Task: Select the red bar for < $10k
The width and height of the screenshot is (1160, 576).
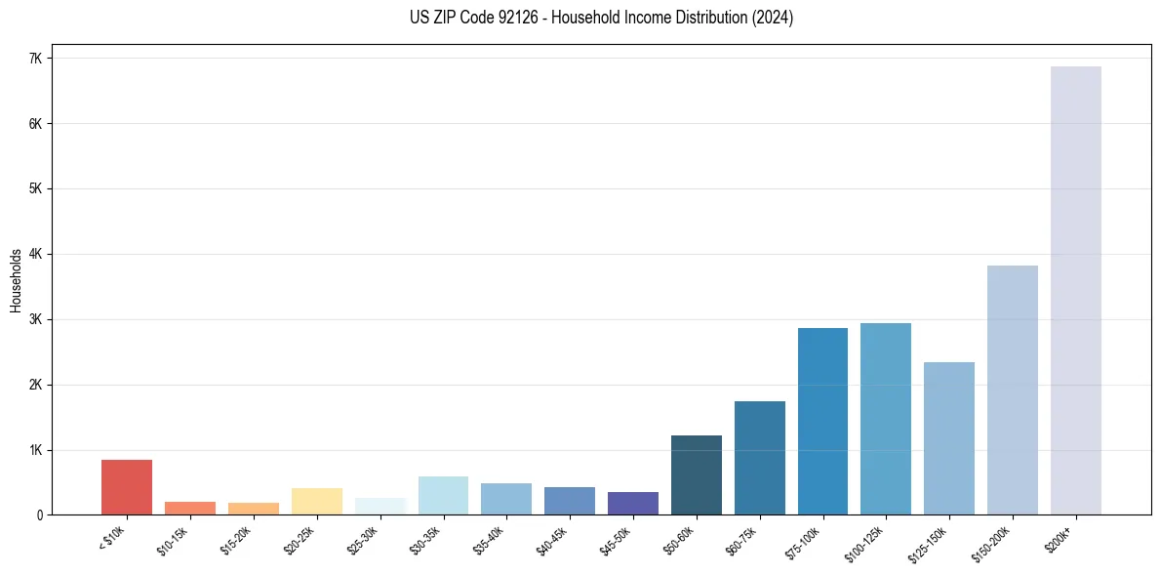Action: tap(127, 487)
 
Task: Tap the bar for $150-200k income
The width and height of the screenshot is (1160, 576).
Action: tap(1013, 391)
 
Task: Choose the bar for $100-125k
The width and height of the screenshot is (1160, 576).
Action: tap(886, 419)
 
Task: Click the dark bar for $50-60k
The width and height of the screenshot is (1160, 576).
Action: tap(697, 475)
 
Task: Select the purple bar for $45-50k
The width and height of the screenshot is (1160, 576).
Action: tap(633, 504)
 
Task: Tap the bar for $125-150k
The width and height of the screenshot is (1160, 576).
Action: tap(949, 438)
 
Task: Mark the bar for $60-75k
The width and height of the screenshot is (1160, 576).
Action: tap(760, 458)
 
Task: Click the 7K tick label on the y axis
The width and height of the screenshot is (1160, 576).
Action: tap(36, 59)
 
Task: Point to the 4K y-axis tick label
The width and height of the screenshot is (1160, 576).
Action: tap(36, 254)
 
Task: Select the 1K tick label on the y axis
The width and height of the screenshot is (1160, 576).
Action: tap(36, 450)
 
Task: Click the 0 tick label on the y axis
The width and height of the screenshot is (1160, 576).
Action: tap(40, 515)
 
